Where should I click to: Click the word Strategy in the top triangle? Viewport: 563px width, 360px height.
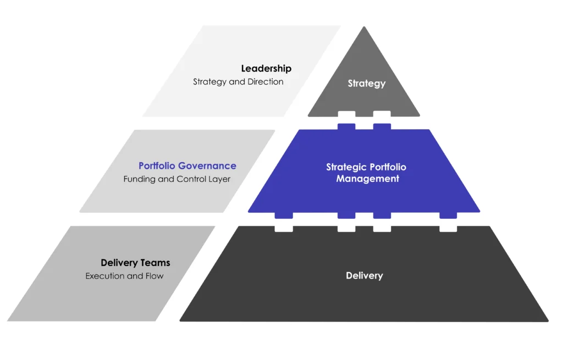point(367,84)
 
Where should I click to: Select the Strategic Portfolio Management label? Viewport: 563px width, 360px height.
point(367,173)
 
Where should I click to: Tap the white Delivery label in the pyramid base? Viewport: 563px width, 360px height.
point(364,275)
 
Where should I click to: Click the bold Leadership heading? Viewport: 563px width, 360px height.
point(266,69)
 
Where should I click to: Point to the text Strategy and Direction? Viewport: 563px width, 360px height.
point(238,82)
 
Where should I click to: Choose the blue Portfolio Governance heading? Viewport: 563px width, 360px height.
point(187,165)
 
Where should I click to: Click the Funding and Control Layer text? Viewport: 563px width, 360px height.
point(176,179)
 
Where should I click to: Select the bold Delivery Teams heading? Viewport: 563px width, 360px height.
point(135,263)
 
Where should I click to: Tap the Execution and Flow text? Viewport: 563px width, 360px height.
point(124,276)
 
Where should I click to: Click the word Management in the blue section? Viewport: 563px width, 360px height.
point(368,179)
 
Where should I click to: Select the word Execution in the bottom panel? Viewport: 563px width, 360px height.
point(105,276)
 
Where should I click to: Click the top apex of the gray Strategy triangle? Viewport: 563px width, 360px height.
point(364,28)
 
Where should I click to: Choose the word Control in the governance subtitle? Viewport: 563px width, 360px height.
point(191,179)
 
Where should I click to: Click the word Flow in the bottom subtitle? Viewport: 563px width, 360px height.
point(154,276)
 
